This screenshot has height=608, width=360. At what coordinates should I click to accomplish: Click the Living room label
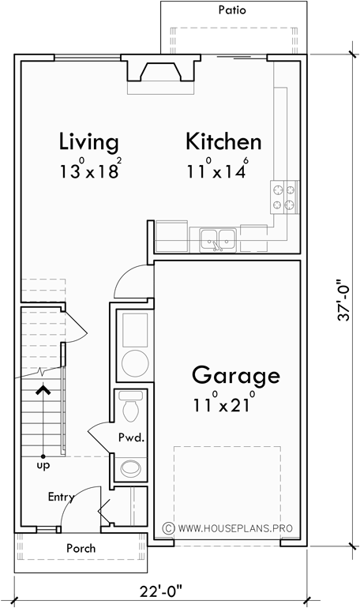click(89, 142)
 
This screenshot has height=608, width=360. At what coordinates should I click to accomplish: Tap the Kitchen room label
click(223, 142)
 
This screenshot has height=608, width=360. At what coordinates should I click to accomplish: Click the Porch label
click(81, 548)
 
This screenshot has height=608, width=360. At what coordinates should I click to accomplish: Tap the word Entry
click(61, 497)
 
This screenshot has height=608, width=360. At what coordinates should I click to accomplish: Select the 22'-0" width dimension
click(158, 590)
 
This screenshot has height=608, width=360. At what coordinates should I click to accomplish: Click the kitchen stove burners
click(284, 197)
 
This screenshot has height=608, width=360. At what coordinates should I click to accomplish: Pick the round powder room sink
click(129, 469)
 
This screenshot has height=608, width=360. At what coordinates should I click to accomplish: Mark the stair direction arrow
click(43, 391)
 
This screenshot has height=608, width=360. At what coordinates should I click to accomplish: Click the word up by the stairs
click(43, 467)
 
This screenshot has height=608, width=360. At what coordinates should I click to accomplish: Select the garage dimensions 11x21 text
click(223, 406)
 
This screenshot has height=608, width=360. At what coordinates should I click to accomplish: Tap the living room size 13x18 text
click(89, 170)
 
